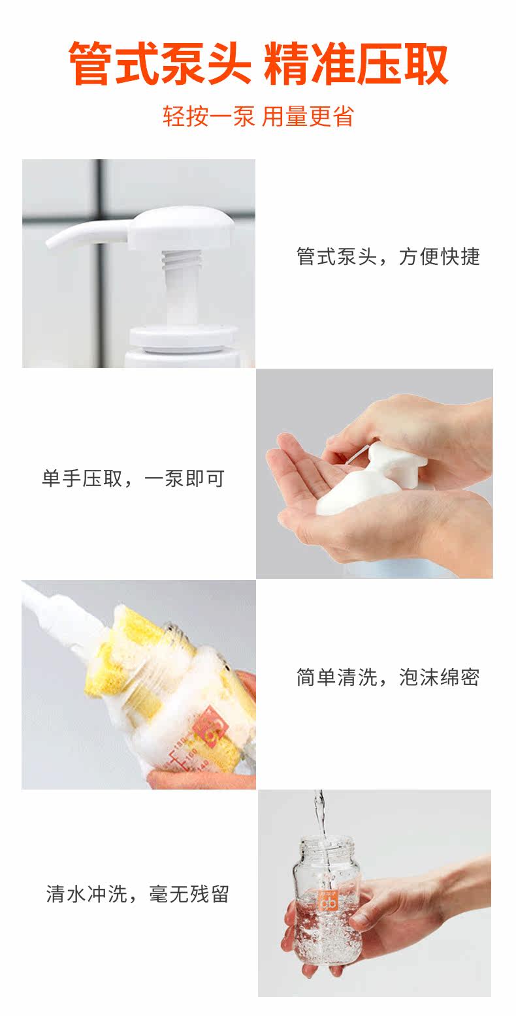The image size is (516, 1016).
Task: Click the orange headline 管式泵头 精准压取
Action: point(258,63)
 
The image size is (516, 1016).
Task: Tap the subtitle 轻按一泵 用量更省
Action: point(258,116)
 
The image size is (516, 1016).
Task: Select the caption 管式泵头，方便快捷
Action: point(388,256)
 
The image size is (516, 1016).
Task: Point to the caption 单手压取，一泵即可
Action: point(133,478)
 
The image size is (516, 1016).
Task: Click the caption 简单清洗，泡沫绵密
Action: point(388,677)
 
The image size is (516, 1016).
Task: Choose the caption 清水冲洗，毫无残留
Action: point(138,894)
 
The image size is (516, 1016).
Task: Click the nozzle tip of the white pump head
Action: point(51,243)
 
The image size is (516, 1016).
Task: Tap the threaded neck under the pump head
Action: point(176,262)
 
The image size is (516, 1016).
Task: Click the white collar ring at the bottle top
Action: point(184,337)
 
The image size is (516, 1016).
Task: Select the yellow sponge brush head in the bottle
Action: point(136,658)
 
